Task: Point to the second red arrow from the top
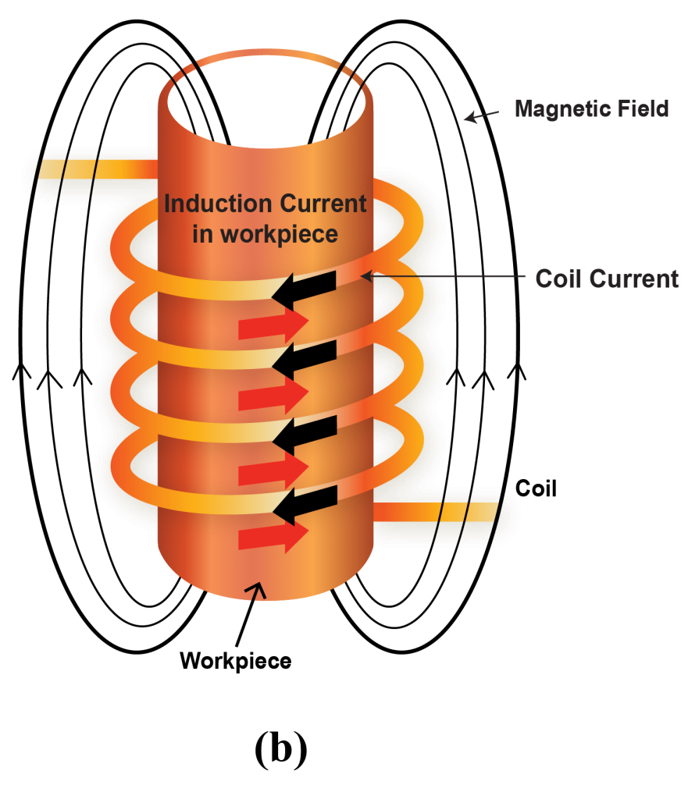(273, 396)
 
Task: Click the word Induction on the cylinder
(212, 204)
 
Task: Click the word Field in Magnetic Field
(643, 108)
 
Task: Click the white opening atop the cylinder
(266, 101)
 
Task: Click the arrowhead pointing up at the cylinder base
(257, 591)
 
